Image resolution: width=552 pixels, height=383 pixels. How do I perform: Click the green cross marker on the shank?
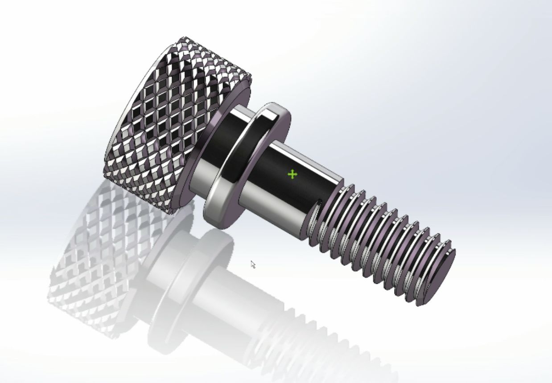coord(292,174)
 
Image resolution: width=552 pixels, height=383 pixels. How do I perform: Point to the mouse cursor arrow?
coord(252,264)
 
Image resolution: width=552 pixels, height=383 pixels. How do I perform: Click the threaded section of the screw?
coord(379,240)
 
